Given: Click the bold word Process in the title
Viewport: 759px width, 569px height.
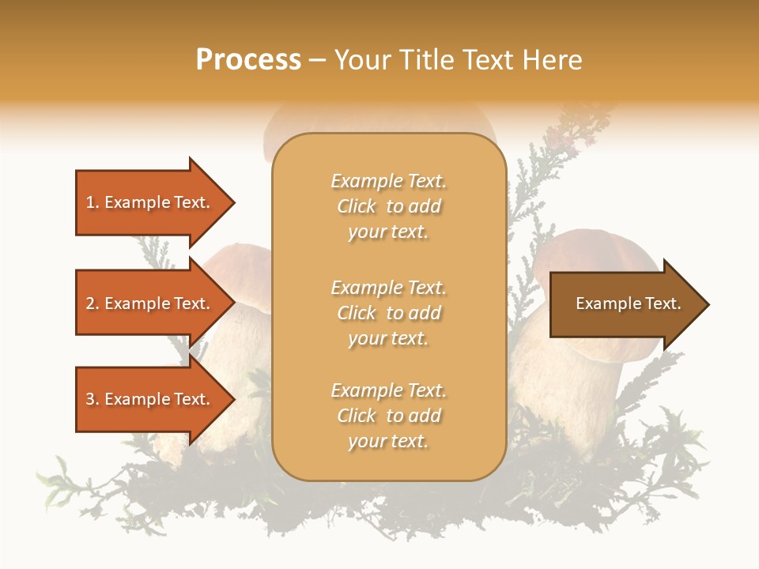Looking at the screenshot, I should click(x=248, y=59).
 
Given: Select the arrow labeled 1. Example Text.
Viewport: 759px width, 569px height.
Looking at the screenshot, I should click(x=150, y=202).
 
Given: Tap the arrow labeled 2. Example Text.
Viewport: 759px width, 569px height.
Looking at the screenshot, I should click(x=150, y=303).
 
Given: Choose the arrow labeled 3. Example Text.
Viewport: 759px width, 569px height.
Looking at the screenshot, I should click(x=150, y=399).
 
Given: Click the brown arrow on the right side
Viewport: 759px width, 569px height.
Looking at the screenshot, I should click(x=625, y=303).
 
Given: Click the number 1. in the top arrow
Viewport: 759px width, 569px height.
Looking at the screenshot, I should click(x=93, y=202).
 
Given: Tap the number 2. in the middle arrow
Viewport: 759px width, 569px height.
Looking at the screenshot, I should click(x=93, y=303).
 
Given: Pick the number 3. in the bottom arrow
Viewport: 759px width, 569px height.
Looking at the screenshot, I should click(x=93, y=399).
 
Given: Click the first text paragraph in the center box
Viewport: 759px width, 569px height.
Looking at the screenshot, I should click(x=388, y=206).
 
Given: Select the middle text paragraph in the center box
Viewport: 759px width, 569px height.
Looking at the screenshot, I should click(x=388, y=313).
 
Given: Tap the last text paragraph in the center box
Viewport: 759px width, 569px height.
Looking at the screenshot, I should click(x=388, y=416).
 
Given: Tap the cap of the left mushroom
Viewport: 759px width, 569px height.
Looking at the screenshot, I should click(x=237, y=269).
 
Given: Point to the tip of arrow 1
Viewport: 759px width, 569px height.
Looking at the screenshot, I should click(x=233, y=202).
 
